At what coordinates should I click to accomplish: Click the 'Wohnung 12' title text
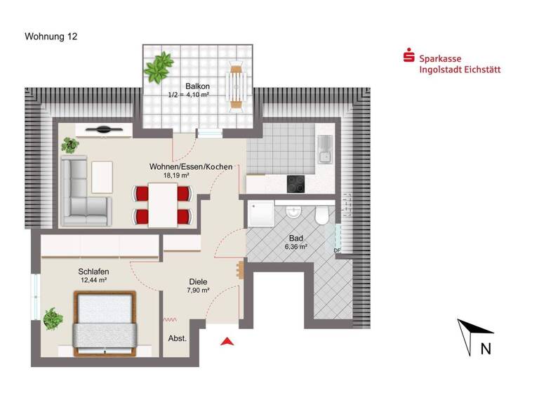click(51, 36)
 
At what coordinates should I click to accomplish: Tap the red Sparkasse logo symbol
click(408, 55)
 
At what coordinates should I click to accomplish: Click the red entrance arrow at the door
click(226, 341)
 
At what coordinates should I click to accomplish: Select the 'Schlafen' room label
click(93, 271)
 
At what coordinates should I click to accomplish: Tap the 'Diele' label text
click(198, 282)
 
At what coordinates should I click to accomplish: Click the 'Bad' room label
click(296, 238)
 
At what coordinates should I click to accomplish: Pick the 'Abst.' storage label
click(178, 338)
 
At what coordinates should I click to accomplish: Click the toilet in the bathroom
click(322, 215)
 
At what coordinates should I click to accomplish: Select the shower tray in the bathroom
click(260, 215)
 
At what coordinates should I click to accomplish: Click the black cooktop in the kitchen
click(295, 184)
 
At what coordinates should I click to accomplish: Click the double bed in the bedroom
click(105, 320)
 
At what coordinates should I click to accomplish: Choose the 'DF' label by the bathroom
click(337, 251)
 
